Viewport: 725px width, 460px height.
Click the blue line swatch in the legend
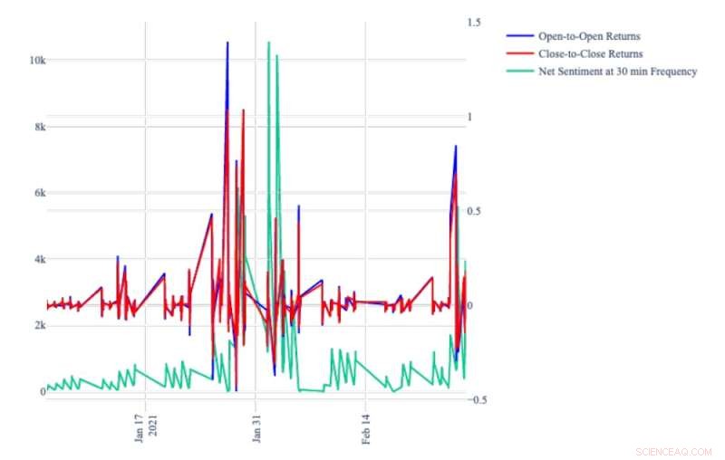[x=519, y=36]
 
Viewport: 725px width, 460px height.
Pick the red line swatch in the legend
[x=519, y=54]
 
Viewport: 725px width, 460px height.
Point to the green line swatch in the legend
[x=519, y=72]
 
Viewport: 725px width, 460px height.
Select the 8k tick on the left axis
[x=37, y=127]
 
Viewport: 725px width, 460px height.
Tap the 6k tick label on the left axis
[x=37, y=193]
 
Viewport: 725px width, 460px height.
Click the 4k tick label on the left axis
[x=37, y=259]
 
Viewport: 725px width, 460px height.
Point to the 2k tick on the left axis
[x=37, y=325]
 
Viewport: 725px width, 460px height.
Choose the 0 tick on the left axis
[x=42, y=391]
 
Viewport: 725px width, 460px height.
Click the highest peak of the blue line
[x=227, y=43]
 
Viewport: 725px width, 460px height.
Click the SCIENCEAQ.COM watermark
[x=674, y=450]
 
